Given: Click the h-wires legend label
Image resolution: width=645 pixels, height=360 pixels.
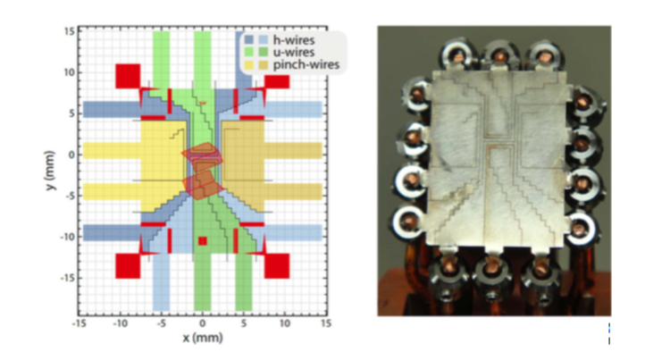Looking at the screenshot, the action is pyautogui.click(x=296, y=40).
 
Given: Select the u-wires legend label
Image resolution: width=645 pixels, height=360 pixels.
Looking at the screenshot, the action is pyautogui.click(x=296, y=53).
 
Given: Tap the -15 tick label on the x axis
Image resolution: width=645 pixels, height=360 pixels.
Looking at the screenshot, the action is pyautogui.click(x=80, y=322).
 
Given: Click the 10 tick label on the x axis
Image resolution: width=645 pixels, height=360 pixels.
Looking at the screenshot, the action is pyautogui.click(x=285, y=322).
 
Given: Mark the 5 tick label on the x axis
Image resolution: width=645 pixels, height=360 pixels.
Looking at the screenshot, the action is pyautogui.click(x=244, y=322).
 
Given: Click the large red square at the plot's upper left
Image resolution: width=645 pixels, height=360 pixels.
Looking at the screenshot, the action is pyautogui.click(x=128, y=74).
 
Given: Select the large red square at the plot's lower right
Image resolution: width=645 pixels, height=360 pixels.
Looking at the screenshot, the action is pyautogui.click(x=277, y=265).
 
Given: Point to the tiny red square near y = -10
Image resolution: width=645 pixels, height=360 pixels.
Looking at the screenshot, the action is pyautogui.click(x=203, y=240).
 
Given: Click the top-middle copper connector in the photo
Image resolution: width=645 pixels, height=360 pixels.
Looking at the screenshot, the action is pyautogui.click(x=500, y=55).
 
